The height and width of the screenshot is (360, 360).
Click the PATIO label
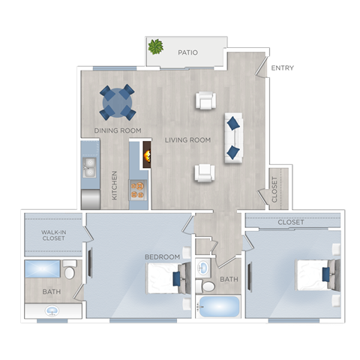(x=187, y=53)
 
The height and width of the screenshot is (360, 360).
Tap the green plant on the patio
(x=156, y=47)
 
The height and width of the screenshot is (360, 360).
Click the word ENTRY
(x=282, y=68)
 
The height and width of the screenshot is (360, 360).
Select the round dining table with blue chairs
(x=118, y=102)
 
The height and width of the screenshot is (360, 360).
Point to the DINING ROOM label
(x=118, y=130)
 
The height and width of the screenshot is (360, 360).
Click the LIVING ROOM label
(x=187, y=140)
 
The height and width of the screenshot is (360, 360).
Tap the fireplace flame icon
(x=147, y=156)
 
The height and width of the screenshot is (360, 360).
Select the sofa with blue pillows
(x=233, y=137)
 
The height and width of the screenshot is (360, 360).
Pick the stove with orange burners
(x=137, y=188)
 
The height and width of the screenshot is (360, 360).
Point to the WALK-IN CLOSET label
(x=54, y=236)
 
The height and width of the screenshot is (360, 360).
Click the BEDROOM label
(x=162, y=257)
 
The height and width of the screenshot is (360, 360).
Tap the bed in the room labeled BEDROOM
(x=165, y=278)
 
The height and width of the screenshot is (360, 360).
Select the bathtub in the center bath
(x=218, y=306)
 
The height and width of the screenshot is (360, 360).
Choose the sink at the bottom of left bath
(x=52, y=310)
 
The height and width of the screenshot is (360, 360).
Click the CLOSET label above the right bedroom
(x=291, y=223)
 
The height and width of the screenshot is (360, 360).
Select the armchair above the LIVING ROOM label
(x=205, y=100)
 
